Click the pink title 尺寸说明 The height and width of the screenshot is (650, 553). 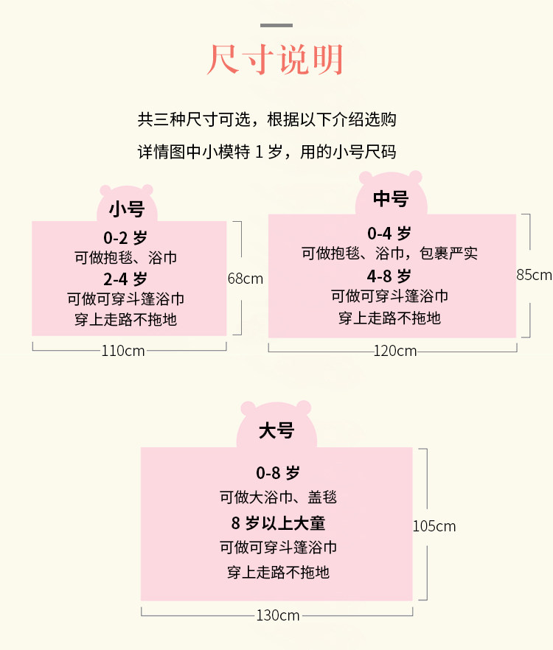(276, 60)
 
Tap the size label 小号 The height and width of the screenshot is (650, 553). (126, 209)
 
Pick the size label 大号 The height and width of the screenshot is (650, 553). (276, 431)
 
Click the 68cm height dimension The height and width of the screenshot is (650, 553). (245, 279)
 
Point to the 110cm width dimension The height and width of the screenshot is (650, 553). (123, 351)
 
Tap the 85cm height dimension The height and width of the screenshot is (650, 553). (534, 275)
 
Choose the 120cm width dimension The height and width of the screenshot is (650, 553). (395, 351)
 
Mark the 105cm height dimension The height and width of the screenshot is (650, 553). (434, 526)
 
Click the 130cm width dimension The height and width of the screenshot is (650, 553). (278, 615)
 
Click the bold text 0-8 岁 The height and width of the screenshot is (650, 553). (278, 473)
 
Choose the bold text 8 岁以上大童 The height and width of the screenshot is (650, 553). (278, 523)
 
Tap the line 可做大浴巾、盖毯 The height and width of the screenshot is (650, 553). (278, 497)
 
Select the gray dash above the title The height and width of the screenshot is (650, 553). (276, 25)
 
